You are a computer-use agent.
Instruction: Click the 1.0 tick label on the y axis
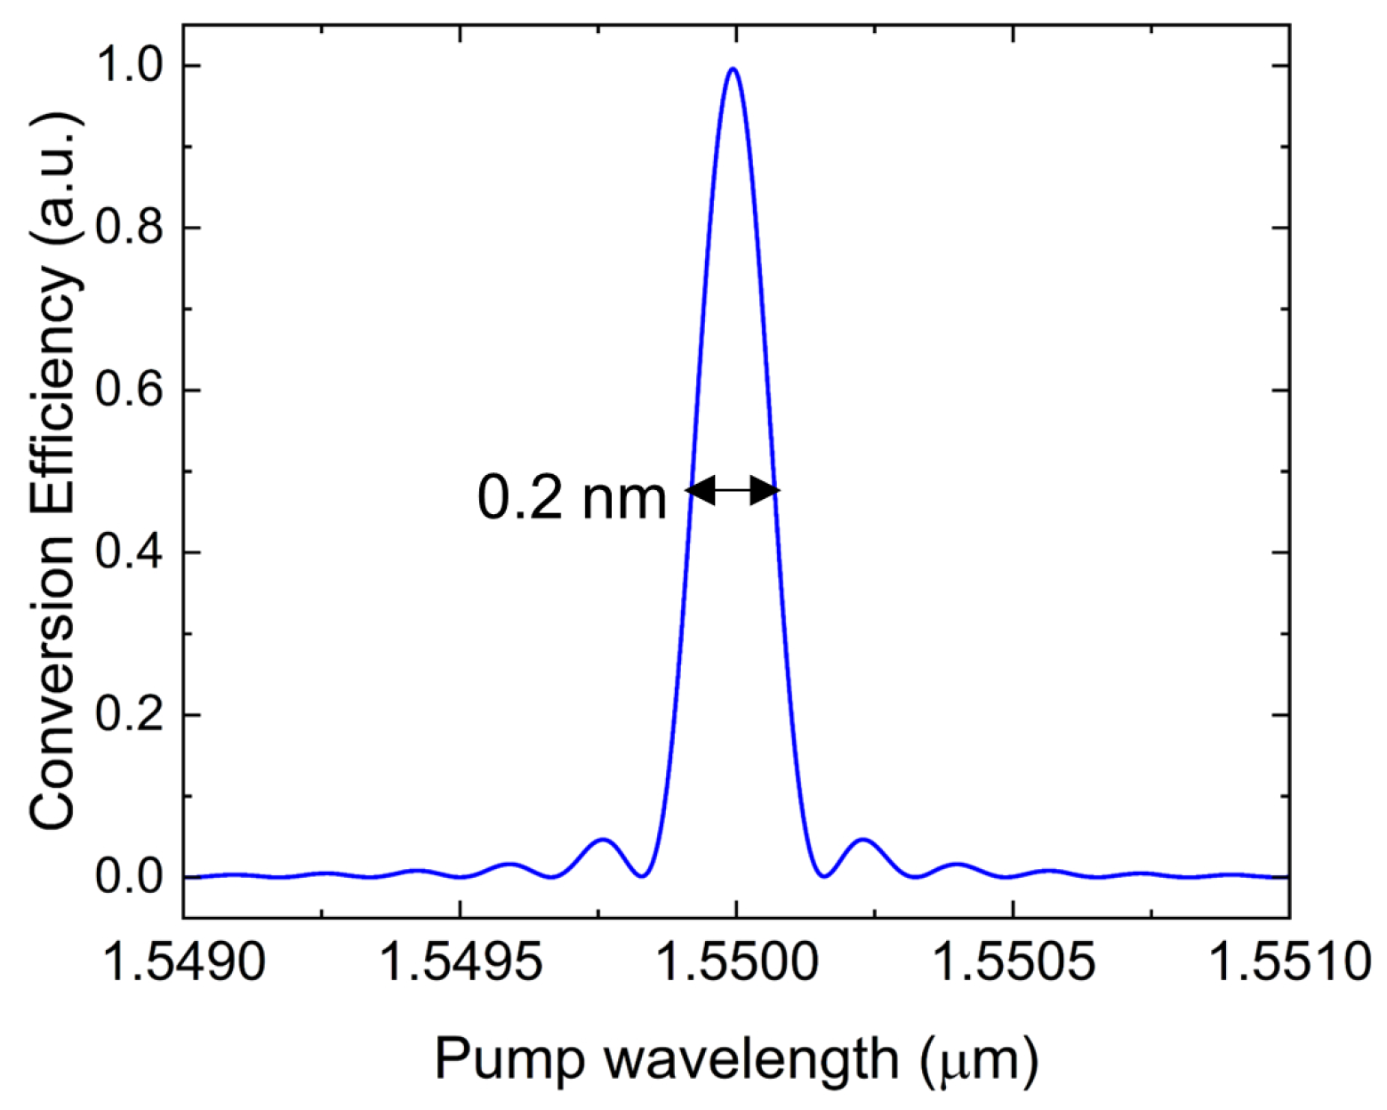coord(132,66)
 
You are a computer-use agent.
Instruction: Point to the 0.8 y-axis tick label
coord(132,229)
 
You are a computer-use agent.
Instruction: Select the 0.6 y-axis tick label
coord(132,390)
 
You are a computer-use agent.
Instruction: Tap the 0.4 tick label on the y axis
coord(132,553)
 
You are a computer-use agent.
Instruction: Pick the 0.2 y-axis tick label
coord(132,715)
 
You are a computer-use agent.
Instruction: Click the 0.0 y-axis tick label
coord(132,877)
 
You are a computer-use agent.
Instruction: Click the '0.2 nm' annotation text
coord(572,498)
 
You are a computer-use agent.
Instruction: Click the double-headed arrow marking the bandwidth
coord(733,490)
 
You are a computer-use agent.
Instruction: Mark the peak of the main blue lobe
coord(732,68)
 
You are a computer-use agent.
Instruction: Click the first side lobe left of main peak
coord(603,840)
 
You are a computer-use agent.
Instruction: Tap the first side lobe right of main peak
coord(862,840)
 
